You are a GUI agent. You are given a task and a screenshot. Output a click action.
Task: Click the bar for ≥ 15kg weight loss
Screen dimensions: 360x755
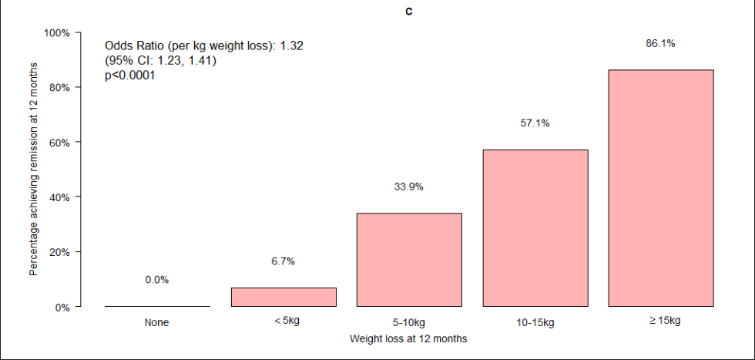pyautogui.click(x=660, y=188)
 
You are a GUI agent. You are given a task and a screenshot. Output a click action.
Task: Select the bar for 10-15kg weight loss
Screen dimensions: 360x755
pyautogui.click(x=535, y=228)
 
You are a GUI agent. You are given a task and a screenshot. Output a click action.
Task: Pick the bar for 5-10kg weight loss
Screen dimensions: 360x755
pyautogui.click(x=409, y=260)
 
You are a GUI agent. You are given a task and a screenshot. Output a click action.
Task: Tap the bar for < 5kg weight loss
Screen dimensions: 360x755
pyautogui.click(x=284, y=297)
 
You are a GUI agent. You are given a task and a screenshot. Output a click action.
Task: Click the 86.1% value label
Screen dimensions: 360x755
pyautogui.click(x=660, y=44)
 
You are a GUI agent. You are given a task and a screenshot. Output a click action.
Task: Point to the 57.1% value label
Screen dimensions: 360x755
pyautogui.click(x=535, y=123)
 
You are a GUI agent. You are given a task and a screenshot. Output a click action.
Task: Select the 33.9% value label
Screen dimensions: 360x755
pyautogui.click(x=409, y=187)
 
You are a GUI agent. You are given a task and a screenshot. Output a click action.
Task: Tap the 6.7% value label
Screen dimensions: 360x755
pyautogui.click(x=284, y=261)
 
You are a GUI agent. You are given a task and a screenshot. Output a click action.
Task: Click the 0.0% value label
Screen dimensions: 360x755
pyautogui.click(x=157, y=280)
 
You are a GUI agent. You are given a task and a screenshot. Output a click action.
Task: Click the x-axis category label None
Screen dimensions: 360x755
pyautogui.click(x=157, y=322)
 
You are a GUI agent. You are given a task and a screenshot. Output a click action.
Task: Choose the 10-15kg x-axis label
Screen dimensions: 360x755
pyautogui.click(x=535, y=322)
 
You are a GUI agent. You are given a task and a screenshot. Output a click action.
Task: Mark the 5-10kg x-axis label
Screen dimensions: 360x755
pyautogui.click(x=409, y=322)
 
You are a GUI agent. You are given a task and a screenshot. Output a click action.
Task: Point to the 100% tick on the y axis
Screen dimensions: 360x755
pyautogui.click(x=58, y=33)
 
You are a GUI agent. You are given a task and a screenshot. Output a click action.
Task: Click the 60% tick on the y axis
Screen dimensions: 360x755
pyautogui.click(x=60, y=143)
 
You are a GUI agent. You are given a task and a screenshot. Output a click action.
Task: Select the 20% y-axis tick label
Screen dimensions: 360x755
pyautogui.click(x=60, y=252)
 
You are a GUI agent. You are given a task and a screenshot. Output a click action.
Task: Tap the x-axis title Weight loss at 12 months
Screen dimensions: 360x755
pyautogui.click(x=408, y=338)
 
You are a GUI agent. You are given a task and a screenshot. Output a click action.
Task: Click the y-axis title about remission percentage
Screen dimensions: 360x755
pyautogui.click(x=33, y=170)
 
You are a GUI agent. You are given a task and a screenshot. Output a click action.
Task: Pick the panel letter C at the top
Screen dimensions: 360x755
pyautogui.click(x=408, y=12)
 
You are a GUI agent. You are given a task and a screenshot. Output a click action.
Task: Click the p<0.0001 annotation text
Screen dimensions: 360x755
pyautogui.click(x=129, y=76)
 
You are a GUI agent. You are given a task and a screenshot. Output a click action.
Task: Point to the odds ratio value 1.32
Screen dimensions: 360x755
pyautogui.click(x=291, y=46)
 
